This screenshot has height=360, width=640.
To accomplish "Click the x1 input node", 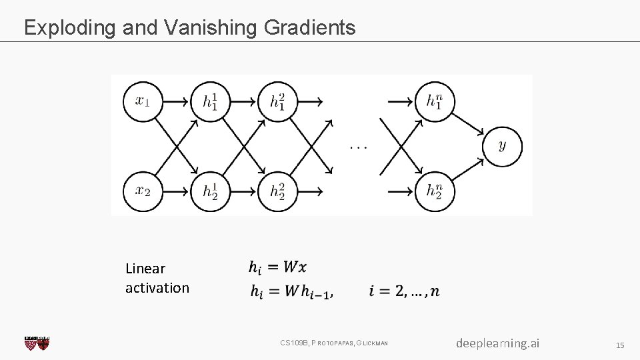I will (x=143, y=101).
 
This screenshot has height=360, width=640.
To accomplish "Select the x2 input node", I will (x=143, y=191).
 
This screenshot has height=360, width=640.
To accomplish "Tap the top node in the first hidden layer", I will (x=210, y=101).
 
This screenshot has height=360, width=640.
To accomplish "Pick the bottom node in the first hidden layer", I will (x=210, y=191).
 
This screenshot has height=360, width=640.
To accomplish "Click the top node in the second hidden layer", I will (x=277, y=101).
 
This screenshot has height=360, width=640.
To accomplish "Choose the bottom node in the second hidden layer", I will (x=277, y=191).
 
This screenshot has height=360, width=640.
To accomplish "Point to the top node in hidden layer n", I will (x=434, y=101).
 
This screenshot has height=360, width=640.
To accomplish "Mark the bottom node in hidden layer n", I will (x=434, y=191).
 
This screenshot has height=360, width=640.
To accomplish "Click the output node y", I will (x=501, y=146).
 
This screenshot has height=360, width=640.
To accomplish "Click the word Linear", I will (x=145, y=269).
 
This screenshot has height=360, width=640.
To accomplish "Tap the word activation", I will (x=157, y=288).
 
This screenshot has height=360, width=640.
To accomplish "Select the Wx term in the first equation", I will (x=295, y=267).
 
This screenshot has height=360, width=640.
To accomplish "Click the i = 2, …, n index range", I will (x=403, y=291).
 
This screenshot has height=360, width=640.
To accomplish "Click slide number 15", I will (x=619, y=345).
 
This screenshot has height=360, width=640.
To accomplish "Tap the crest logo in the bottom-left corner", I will (x=37, y=343).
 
